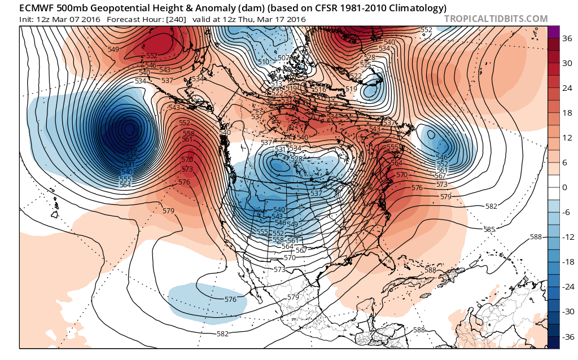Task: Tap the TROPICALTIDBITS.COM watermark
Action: click(x=496, y=19)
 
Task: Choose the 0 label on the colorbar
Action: click(x=566, y=187)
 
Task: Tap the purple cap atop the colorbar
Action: click(x=553, y=32)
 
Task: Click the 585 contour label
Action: click(x=489, y=229)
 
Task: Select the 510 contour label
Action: click(x=263, y=62)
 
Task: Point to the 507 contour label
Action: click(x=283, y=58)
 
